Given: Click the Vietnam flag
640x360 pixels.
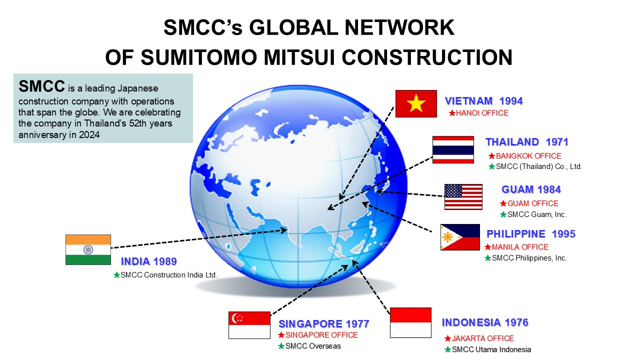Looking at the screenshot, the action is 416,103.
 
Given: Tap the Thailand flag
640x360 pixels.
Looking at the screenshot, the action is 453,149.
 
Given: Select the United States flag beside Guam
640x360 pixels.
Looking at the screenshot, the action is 463,197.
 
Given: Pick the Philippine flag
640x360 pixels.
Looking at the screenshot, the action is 460,237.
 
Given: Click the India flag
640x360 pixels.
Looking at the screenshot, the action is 88,249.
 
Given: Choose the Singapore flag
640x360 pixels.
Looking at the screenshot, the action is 249,325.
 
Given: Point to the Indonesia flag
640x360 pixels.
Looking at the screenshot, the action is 410,323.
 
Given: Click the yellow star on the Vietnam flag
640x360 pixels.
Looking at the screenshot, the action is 416,103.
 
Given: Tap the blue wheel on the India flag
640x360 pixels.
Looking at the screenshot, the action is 88,249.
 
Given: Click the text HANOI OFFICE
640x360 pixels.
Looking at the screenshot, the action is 482,113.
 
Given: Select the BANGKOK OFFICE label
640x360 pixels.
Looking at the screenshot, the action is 528,156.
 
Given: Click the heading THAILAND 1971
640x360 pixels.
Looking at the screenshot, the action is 527,142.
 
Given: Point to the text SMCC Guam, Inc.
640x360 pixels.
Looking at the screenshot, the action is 537,214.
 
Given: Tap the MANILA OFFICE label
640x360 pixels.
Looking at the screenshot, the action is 520,247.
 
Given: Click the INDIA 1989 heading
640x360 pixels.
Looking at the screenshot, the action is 149,261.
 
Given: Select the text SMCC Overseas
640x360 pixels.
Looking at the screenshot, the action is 313,346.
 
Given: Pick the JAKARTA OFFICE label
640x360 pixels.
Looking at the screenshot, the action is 483,338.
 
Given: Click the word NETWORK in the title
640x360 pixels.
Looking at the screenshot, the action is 399,27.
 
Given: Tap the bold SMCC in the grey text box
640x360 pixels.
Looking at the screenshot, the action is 41,86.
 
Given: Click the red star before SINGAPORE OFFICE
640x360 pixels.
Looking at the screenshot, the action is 281,335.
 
